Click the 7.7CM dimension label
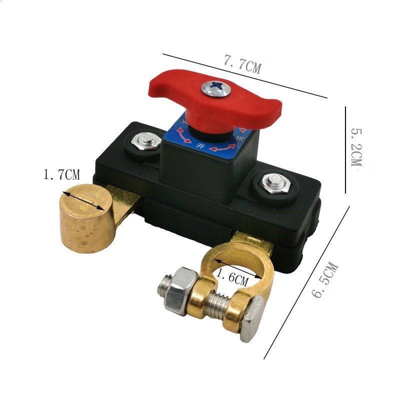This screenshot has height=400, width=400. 242,63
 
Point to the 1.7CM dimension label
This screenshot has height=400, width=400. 61,175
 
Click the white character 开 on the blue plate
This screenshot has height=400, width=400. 201,146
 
